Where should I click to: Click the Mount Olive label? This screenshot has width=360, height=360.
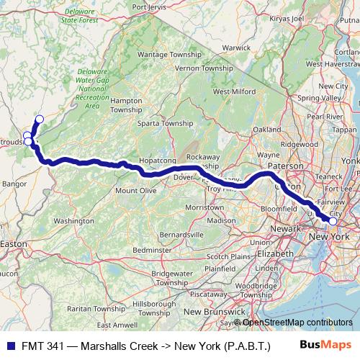(136, 190)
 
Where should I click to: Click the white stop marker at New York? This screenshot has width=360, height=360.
(333, 222)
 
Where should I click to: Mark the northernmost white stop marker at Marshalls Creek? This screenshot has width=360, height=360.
(39, 119)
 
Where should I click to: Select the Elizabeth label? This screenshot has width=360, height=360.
(276, 253)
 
